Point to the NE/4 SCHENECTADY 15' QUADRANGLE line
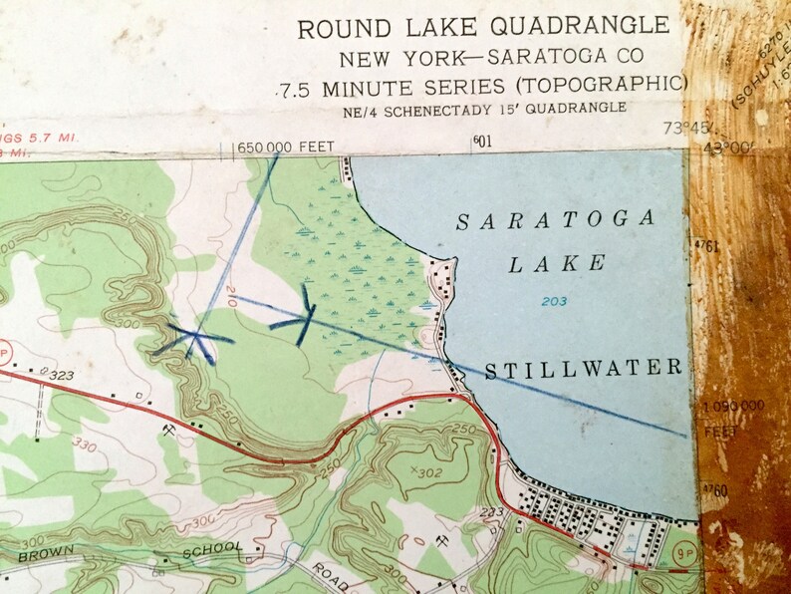[482, 108]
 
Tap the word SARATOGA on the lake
[556, 221]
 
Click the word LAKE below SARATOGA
[557, 264]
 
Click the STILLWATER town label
[584, 370]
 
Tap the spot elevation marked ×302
[425, 471]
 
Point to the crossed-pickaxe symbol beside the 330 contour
[169, 429]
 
